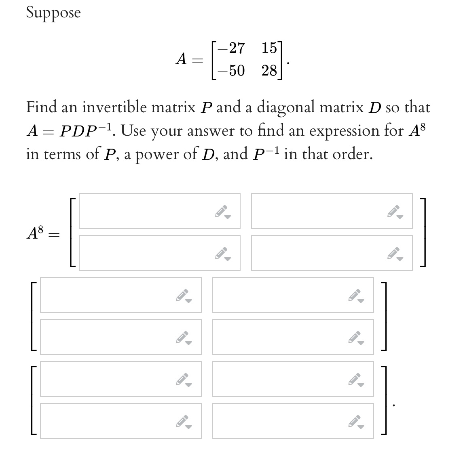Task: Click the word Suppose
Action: tap(53, 13)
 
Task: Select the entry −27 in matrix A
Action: tap(231, 48)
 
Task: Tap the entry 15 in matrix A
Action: tap(269, 48)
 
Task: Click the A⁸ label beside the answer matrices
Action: tap(35, 233)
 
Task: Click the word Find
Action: tap(42, 107)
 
